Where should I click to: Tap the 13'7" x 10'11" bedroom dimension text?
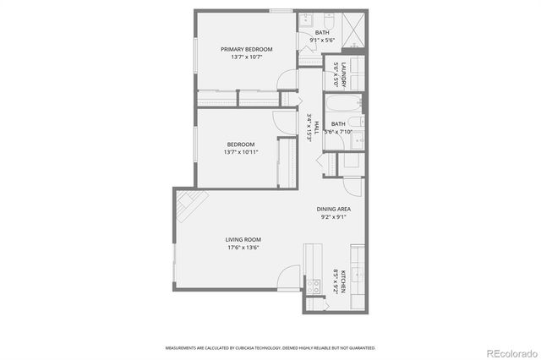point(242,152)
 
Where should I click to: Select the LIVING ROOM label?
point(242,239)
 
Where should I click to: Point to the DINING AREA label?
point(334,208)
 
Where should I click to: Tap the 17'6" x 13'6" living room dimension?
point(242,248)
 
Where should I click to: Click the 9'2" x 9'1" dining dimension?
point(334,216)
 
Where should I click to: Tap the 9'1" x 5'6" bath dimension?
point(323,40)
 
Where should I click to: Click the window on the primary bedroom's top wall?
point(281,10)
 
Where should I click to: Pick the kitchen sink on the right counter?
point(358,274)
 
